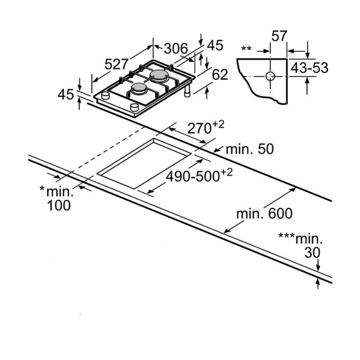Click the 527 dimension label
coord(117,64)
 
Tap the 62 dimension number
coord(220,75)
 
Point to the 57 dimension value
coord(279,36)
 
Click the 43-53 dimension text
coord(309,68)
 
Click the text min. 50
coord(249,149)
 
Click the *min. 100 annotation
coord(57,198)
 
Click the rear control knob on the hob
coord(105,95)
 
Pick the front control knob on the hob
coord(134,107)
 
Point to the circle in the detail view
coord(270,76)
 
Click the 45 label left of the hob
coord(66,94)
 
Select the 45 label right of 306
coord(215,45)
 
